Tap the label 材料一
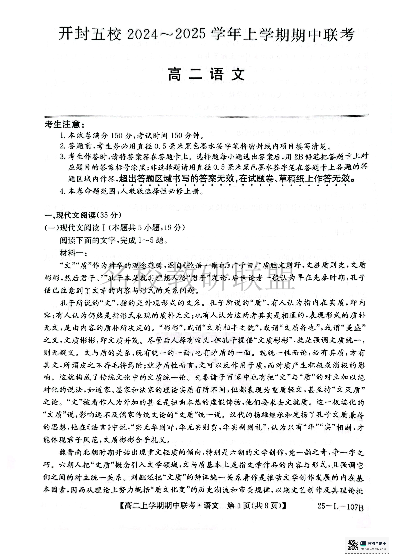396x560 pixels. (72, 251)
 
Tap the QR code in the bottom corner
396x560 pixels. (352, 544)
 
